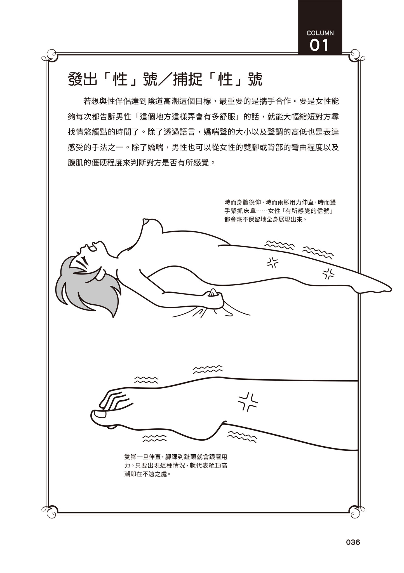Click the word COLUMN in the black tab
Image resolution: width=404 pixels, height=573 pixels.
(320, 33)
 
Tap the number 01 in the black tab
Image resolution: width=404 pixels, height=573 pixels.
(319, 45)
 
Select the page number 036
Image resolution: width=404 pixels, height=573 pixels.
(353, 542)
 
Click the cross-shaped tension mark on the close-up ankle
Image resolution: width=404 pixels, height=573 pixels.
(248, 402)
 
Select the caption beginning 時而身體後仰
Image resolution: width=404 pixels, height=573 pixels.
(280, 211)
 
